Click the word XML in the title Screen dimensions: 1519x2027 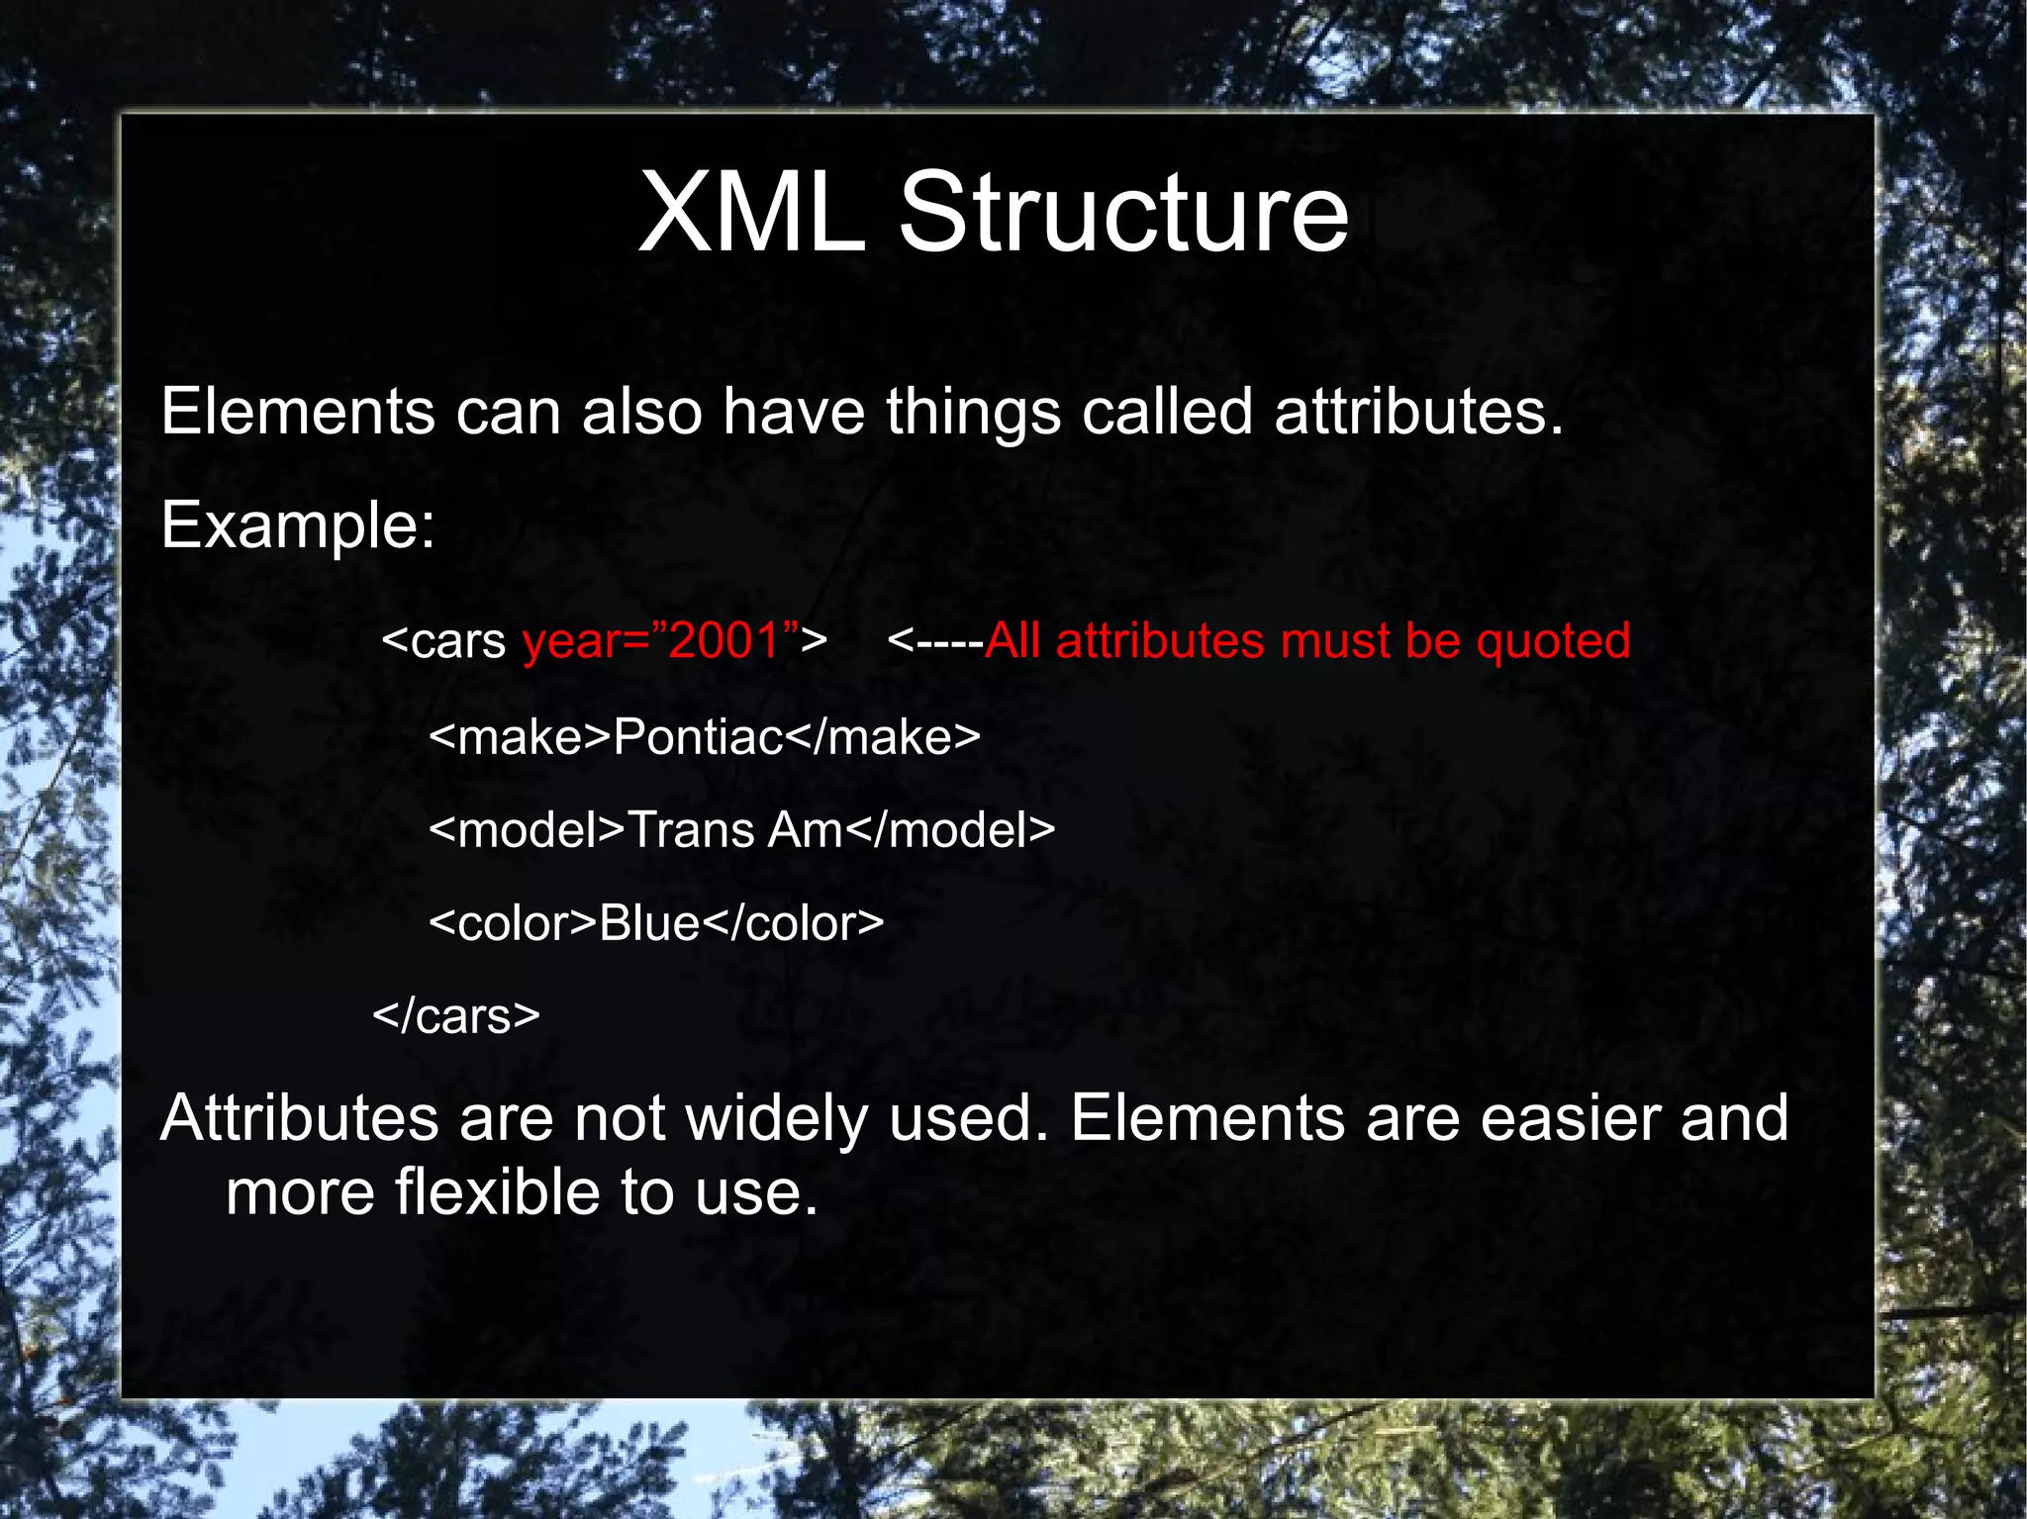pyautogui.click(x=751, y=213)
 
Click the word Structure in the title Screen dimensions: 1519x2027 pyautogui.click(x=1122, y=213)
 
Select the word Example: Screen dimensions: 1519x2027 pyautogui.click(x=298, y=525)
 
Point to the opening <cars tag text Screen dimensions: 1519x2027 pyautogui.click(x=443, y=641)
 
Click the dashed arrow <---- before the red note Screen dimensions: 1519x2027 pyautogui.click(x=934, y=641)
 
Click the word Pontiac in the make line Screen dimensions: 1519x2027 pyautogui.click(x=699, y=738)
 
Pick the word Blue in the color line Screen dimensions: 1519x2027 pyautogui.click(x=649, y=924)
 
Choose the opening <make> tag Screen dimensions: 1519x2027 pyautogui.click(x=521, y=738)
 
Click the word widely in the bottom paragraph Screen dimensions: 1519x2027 pyautogui.click(x=777, y=1120)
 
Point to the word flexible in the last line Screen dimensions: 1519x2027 pyautogui.click(x=498, y=1192)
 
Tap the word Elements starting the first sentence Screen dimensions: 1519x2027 pyautogui.click(x=298, y=412)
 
